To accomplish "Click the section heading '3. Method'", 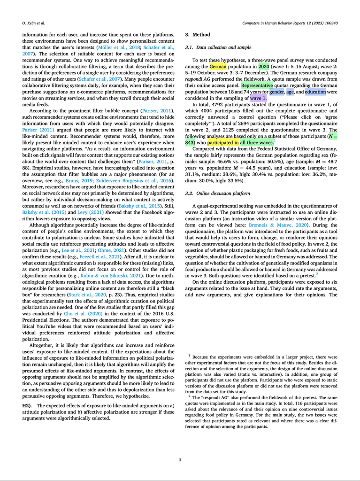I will (198, 35).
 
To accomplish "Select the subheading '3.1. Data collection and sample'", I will (218, 47).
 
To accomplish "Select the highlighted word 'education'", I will (315, 92).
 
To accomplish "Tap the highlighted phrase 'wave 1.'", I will (258, 99).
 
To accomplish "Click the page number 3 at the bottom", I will (180, 460).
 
